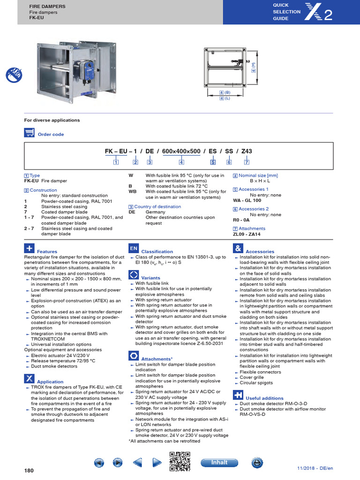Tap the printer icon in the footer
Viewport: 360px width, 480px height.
(257, 463)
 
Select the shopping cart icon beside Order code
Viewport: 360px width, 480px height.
(29, 133)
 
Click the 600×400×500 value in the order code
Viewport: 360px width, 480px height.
(181, 151)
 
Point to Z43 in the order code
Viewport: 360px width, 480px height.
(246, 151)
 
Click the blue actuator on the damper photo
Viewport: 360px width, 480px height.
(87, 69)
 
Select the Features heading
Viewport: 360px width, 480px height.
(47, 252)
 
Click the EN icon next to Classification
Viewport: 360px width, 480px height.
(134, 248)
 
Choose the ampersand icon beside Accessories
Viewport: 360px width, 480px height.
(238, 248)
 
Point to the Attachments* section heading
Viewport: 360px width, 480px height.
(157, 359)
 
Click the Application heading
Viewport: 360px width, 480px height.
(50, 382)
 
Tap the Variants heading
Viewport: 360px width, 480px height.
(150, 278)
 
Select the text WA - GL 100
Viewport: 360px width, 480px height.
(247, 200)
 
